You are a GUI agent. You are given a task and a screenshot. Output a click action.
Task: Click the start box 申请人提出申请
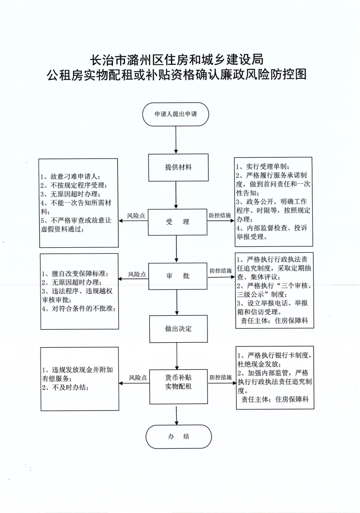(x=175, y=114)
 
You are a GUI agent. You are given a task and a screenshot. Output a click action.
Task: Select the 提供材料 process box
(x=179, y=167)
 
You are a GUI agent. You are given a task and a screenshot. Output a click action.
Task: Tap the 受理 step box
(x=178, y=222)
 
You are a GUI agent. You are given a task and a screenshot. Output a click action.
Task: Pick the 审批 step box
(x=178, y=276)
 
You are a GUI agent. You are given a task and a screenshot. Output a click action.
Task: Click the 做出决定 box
(x=179, y=329)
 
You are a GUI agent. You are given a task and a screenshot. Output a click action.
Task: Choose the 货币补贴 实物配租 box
(x=179, y=382)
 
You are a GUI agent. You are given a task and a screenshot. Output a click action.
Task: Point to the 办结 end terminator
(x=179, y=436)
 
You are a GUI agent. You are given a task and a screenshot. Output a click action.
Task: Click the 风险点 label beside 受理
(x=136, y=216)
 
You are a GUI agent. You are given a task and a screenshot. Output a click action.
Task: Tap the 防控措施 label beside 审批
(x=220, y=271)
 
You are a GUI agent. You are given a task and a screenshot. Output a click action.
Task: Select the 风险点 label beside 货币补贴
(x=138, y=378)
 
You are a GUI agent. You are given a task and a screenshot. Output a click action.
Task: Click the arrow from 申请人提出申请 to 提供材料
(x=176, y=140)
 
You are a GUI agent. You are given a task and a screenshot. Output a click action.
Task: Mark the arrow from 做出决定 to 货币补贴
(x=177, y=356)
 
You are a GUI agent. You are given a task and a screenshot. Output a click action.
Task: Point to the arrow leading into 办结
(x=176, y=416)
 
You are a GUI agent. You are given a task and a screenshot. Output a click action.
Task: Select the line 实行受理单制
(x=263, y=167)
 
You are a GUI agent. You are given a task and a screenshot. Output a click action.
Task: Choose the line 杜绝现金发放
(x=258, y=364)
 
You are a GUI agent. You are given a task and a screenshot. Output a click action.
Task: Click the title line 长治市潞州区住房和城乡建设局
(x=177, y=59)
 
